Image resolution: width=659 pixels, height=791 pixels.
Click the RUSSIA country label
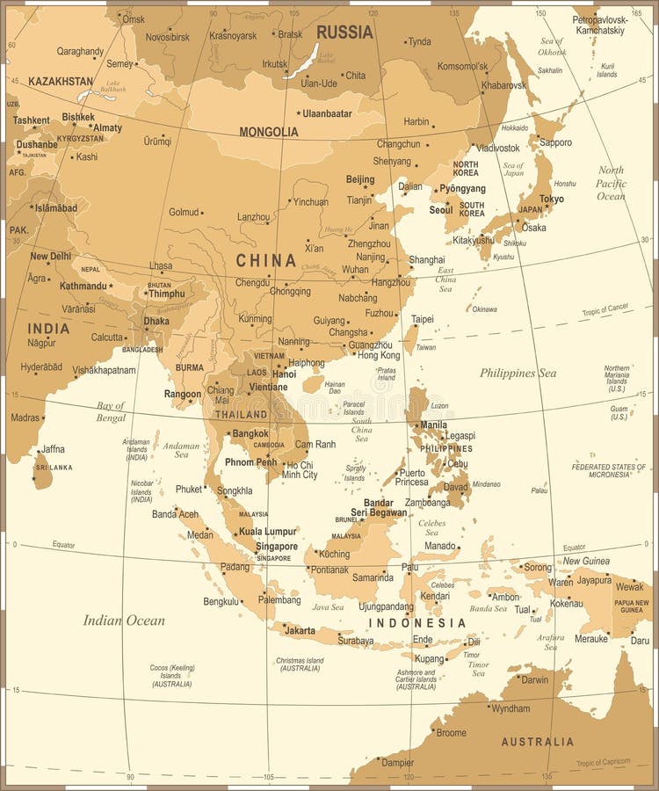(x=344, y=33)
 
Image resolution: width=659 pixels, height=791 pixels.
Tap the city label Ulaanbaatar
(x=327, y=113)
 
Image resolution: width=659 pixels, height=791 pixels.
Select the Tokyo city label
(x=551, y=200)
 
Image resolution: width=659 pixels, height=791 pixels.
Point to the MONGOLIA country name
(x=268, y=132)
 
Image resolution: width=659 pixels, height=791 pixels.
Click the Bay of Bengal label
(x=111, y=411)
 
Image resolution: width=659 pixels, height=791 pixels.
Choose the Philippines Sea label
(x=518, y=373)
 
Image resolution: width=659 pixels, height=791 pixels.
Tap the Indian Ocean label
(x=124, y=620)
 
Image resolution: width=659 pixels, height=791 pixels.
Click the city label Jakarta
(x=300, y=630)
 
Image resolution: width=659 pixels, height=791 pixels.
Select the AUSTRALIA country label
(x=537, y=742)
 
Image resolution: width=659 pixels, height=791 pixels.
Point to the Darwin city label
(x=534, y=679)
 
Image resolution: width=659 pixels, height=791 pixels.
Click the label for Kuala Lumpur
(x=268, y=532)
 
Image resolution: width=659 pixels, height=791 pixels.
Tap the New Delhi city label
(x=51, y=257)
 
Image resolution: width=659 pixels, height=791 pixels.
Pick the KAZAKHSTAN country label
(x=61, y=81)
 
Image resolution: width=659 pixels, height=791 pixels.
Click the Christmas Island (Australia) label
(x=300, y=664)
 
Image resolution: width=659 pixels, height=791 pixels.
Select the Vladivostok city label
(x=498, y=149)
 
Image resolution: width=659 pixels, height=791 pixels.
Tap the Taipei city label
(x=423, y=319)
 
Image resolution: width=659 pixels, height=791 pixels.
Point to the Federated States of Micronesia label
(x=612, y=470)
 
